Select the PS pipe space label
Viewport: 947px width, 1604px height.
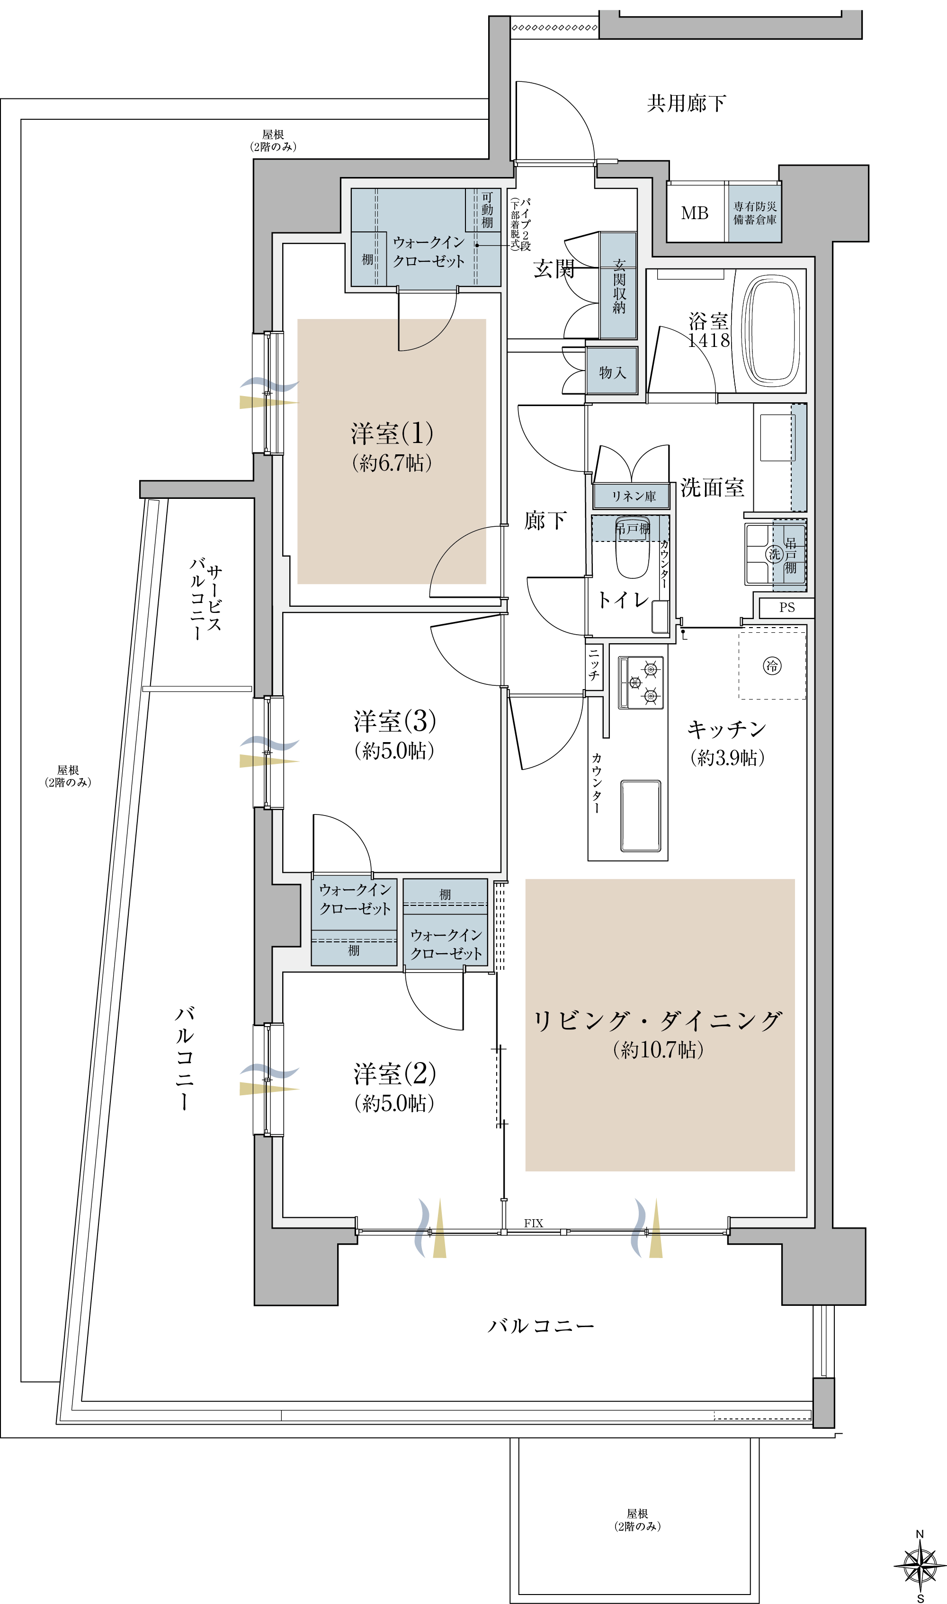[x=787, y=608]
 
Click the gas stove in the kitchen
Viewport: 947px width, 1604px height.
[x=641, y=683]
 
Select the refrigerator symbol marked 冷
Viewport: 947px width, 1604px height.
[x=772, y=666]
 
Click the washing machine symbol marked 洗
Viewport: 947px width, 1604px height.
[x=774, y=554]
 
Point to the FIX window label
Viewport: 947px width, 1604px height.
[x=534, y=1223]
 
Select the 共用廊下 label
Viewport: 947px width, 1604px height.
[x=687, y=103]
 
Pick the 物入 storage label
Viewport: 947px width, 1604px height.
[x=613, y=372]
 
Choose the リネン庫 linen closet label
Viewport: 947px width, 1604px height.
[x=634, y=496]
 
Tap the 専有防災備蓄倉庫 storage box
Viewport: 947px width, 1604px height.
[x=755, y=213]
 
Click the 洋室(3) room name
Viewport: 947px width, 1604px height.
[x=395, y=721]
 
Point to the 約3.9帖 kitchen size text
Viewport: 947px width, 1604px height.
[x=727, y=757]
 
